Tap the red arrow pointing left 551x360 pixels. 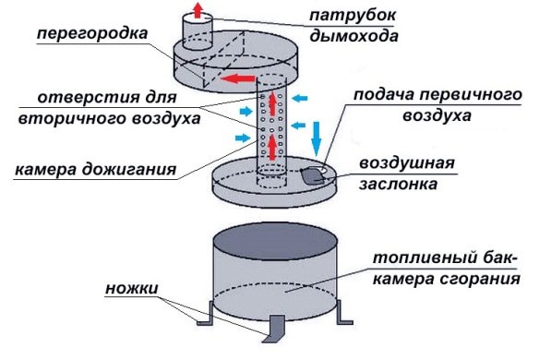242,78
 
